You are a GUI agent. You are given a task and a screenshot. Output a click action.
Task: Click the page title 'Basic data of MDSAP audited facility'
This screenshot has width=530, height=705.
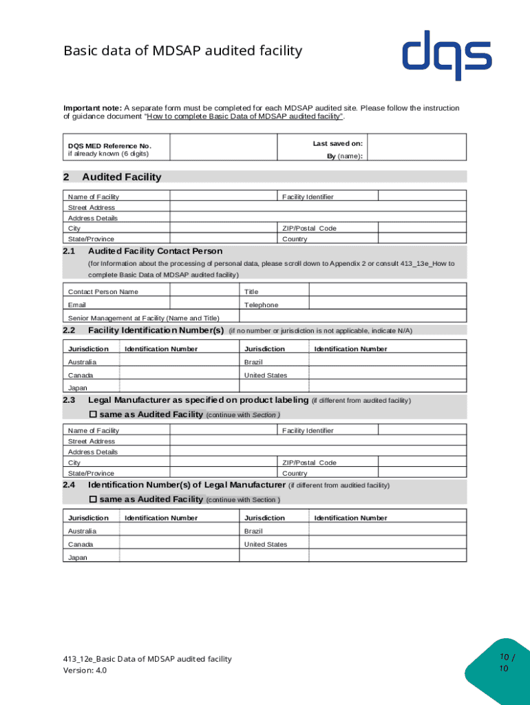[182, 51]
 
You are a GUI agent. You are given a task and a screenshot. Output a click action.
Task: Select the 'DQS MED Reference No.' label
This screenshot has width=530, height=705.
[109, 146]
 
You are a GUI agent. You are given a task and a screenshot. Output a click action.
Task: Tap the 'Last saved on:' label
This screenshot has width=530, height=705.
[337, 143]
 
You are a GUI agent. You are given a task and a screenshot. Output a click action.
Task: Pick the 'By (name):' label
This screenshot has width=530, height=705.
[344, 156]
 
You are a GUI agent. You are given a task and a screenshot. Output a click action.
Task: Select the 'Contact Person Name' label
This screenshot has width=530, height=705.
[103, 291]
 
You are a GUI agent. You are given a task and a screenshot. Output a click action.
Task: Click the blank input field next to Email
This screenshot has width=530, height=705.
[204, 304]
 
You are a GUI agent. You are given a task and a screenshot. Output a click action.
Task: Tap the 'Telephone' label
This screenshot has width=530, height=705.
[262, 304]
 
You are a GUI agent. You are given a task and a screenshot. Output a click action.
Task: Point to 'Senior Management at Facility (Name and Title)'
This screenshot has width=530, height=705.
[143, 318]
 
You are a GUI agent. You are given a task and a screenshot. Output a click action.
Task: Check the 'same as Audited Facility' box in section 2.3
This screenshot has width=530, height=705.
[94, 414]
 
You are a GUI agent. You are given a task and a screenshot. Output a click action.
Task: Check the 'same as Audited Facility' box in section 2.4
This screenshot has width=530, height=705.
[94, 499]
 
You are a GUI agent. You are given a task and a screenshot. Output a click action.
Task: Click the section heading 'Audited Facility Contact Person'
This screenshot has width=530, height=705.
[155, 251]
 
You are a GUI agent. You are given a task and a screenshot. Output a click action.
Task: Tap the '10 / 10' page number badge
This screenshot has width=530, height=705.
[505, 664]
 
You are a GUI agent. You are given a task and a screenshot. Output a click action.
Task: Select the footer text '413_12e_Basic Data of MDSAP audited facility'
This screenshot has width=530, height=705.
[147, 659]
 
